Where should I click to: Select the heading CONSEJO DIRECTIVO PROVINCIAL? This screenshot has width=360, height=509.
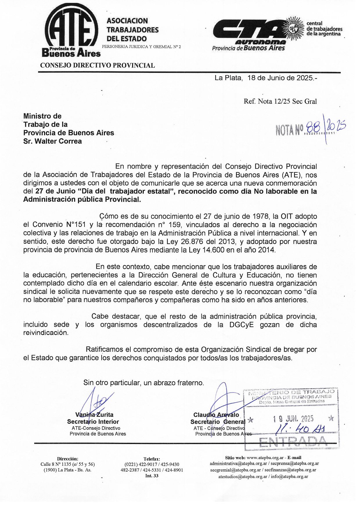tap(97, 65)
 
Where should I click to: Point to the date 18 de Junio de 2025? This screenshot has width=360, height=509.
tap(280, 78)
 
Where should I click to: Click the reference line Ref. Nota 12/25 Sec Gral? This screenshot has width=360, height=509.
tap(280, 101)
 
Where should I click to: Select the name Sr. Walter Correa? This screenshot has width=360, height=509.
tap(53, 141)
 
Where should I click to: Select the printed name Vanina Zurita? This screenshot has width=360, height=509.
tap(94, 415)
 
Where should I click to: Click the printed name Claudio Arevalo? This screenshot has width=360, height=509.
tap(216, 415)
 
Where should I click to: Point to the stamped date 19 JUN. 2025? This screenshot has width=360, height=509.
tap(293, 419)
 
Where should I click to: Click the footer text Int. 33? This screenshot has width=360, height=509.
tap(152, 476)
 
